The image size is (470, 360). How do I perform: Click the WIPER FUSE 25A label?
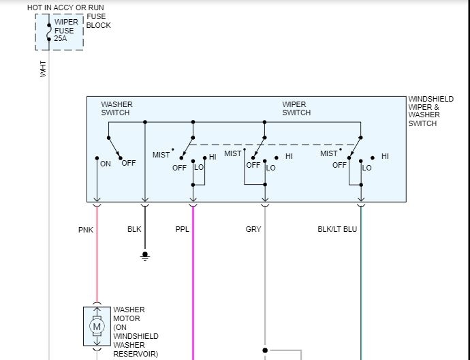tap(66, 30)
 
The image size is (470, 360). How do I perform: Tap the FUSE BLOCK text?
tap(98, 21)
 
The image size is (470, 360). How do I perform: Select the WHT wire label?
tap(44, 68)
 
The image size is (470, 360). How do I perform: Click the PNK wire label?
tap(85, 229)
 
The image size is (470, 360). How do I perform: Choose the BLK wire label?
tap(134, 229)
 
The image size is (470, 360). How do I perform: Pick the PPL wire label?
tap(182, 229)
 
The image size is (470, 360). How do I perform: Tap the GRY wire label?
tap(253, 229)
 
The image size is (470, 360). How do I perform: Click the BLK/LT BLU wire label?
tap(337, 229)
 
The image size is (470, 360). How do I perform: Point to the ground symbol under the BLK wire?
tap(144, 256)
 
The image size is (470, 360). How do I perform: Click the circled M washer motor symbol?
tap(97, 327)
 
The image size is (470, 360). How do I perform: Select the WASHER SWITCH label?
tap(116, 108)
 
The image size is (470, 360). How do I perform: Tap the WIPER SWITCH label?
tap(296, 108)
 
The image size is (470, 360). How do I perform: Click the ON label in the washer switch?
tap(106, 164)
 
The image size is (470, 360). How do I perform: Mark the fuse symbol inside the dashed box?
tap(48, 31)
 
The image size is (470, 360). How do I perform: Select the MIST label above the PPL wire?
tap(161, 155)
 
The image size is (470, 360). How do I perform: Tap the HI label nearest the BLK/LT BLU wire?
tap(385, 156)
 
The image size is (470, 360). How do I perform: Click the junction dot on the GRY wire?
tap(265, 350)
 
